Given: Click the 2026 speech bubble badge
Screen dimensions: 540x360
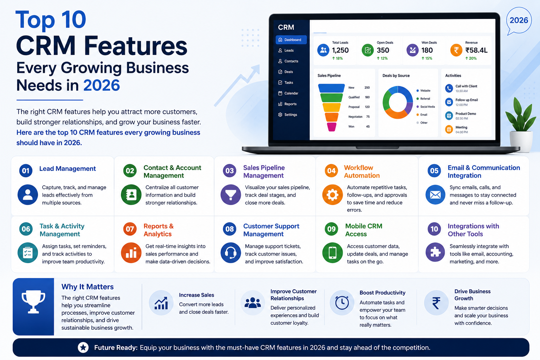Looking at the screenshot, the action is (519, 21).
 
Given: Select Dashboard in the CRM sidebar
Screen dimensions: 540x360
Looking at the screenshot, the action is (291, 40).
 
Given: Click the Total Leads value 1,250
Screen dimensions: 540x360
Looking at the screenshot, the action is (340, 50).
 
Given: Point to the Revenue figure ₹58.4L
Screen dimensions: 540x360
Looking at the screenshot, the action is (476, 50).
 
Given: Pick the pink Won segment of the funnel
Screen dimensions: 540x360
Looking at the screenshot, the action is (332, 127).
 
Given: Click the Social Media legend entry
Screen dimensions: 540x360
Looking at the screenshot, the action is (426, 107).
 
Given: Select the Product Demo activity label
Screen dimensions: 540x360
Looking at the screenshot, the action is (466, 114).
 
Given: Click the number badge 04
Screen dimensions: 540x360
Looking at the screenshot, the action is (331, 171).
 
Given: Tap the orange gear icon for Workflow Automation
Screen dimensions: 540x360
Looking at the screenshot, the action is (333, 195).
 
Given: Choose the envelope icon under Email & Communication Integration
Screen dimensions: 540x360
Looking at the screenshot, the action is (435, 195).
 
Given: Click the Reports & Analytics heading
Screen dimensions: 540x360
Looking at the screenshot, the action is (159, 230).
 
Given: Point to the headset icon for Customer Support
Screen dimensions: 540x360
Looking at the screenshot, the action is (231, 253).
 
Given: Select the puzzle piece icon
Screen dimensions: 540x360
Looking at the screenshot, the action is (435, 252).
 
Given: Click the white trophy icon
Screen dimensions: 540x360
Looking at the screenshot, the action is (33, 302).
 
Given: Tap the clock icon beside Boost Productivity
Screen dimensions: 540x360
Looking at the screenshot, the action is (342, 303).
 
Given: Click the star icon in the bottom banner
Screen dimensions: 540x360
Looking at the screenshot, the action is (83, 347).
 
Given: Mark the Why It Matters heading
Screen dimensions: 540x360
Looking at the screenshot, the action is (88, 287).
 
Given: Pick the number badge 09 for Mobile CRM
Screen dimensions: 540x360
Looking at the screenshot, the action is (331, 229).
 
